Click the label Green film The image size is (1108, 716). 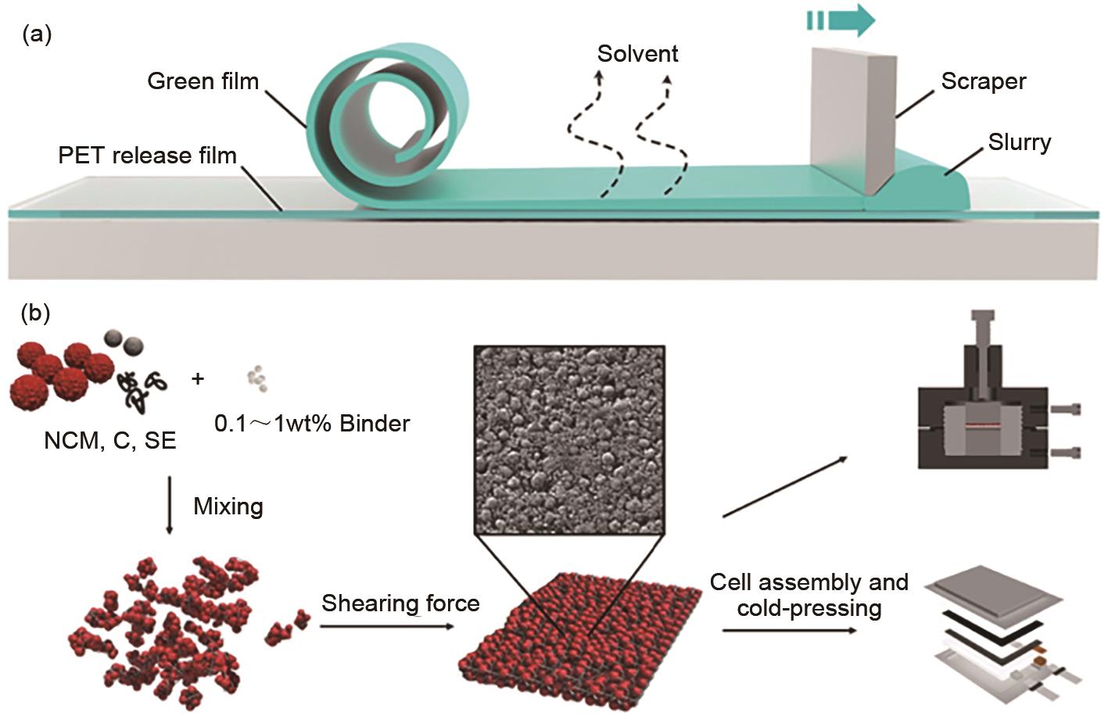(x=203, y=81)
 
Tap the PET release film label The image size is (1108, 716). (x=147, y=155)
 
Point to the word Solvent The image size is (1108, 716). (x=637, y=54)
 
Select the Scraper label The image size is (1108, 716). (x=983, y=81)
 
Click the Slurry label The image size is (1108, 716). (x=1019, y=142)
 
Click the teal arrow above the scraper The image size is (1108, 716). (x=841, y=20)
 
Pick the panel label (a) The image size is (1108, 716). (x=38, y=34)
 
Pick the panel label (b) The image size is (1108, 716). (x=36, y=313)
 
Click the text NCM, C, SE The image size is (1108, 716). (x=110, y=441)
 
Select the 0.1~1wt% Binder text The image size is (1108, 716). (x=312, y=424)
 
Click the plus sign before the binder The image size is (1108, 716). (x=198, y=379)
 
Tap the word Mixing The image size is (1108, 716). (x=228, y=507)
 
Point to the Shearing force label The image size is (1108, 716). (x=400, y=603)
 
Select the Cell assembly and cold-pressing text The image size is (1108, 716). (x=809, y=595)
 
